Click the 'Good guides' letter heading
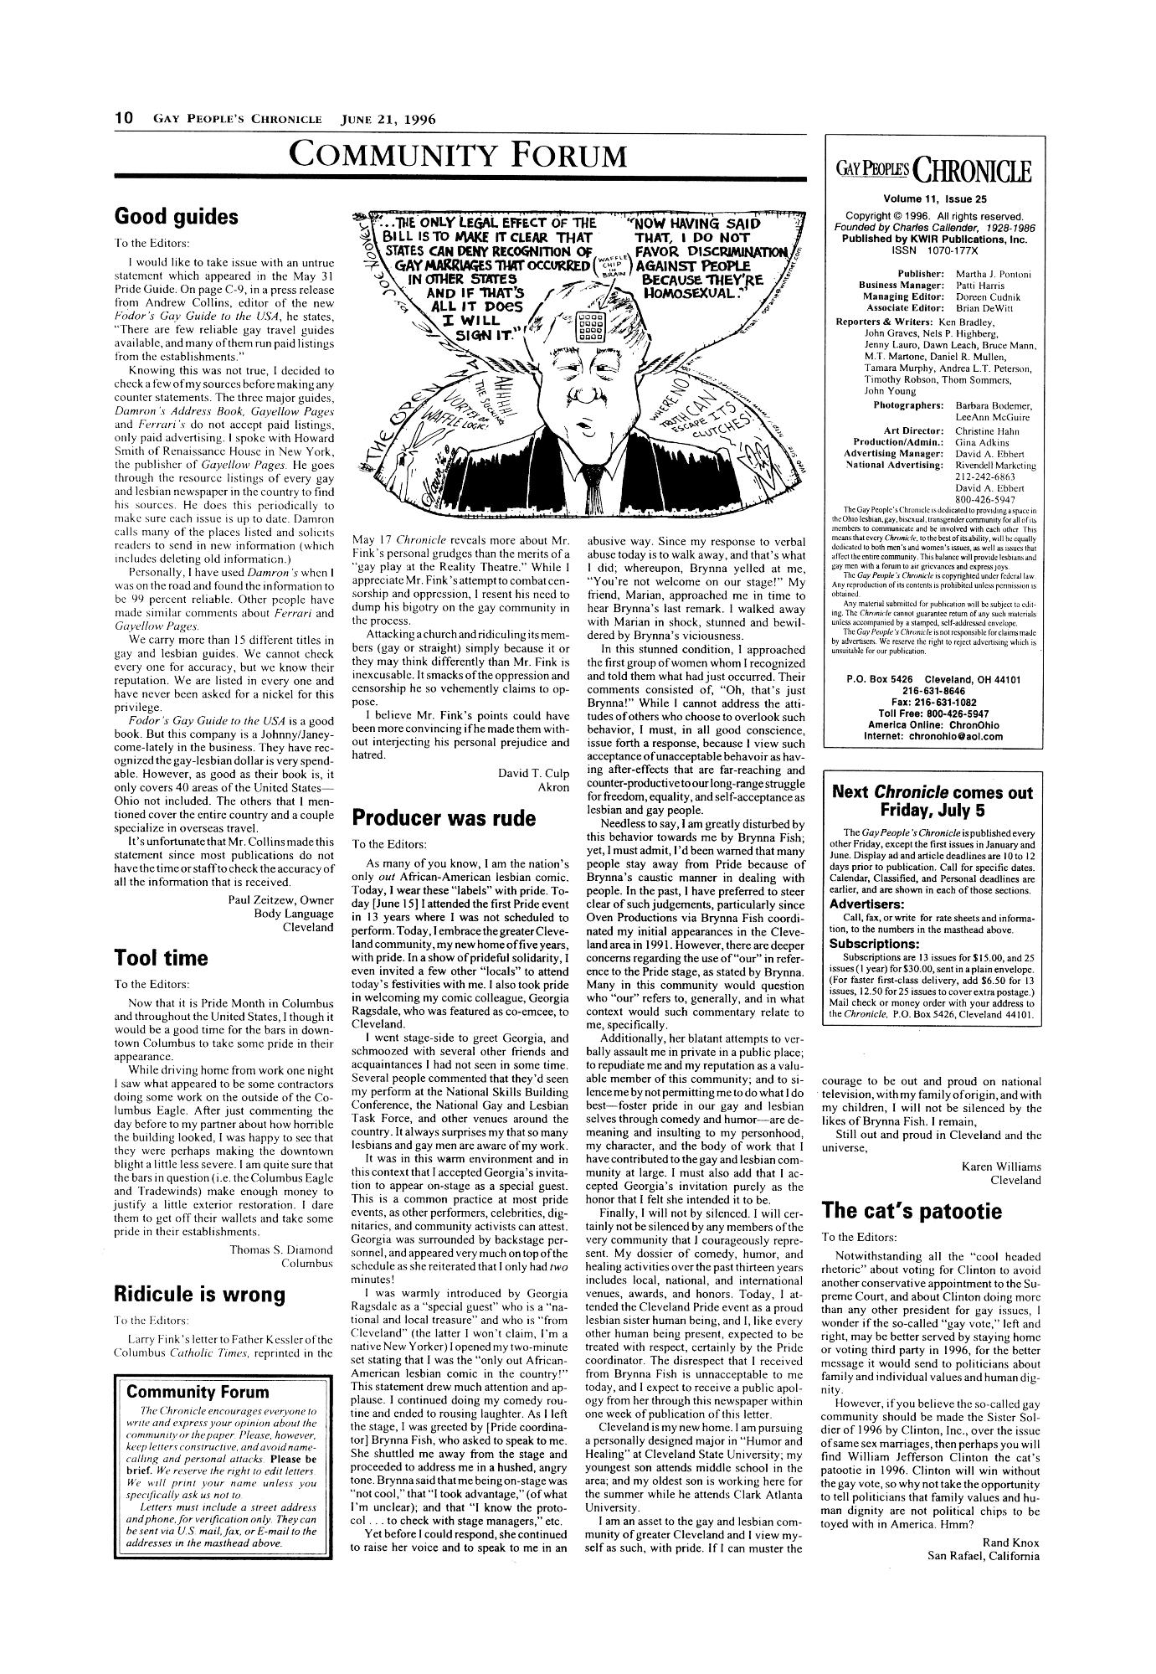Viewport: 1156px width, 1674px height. click(x=175, y=217)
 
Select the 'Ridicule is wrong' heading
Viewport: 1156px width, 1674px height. click(x=199, y=1294)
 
